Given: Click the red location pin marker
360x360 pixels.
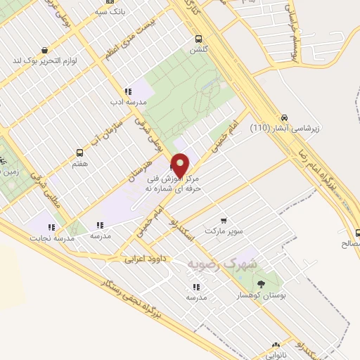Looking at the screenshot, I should click(180, 165).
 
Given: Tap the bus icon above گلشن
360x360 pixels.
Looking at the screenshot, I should click(200, 39).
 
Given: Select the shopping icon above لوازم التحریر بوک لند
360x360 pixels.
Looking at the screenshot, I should click(45, 50).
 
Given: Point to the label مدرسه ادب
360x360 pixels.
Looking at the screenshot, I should click(127, 102).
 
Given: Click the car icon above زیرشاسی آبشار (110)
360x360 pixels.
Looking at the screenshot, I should click(285, 117).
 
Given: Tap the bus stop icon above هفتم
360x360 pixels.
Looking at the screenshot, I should click(79, 152).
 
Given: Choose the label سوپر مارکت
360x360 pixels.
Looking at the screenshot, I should click(223, 230).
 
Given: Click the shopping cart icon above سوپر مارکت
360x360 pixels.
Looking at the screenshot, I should click(224, 219).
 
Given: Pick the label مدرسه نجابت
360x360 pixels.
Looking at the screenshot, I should click(51, 238).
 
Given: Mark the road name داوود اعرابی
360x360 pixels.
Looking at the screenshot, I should click(144, 259).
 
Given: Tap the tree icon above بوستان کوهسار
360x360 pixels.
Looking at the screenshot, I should click(262, 284).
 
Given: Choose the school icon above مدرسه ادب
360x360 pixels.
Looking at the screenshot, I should click(127, 91).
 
